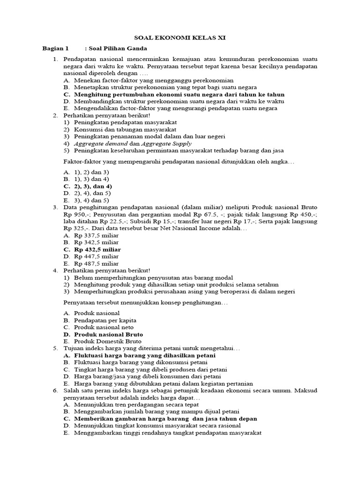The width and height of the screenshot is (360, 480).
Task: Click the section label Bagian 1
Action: click(55, 48)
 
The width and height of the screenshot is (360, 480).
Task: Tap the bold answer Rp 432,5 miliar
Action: click(97, 249)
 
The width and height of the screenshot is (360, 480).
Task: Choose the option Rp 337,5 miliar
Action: click(96, 235)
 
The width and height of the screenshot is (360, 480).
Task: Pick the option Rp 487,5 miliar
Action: click(96, 263)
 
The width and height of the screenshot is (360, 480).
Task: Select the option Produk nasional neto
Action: click(104, 327)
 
